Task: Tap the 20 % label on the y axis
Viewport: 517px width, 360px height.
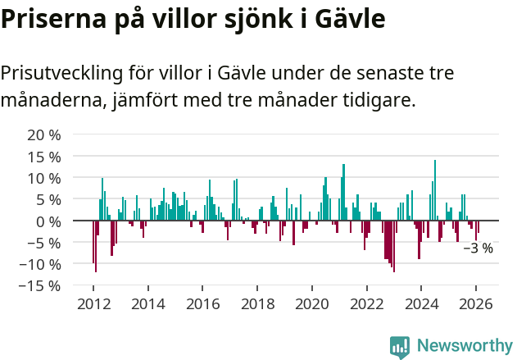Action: [x=44, y=134]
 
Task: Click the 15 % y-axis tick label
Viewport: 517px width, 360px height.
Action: [x=44, y=156]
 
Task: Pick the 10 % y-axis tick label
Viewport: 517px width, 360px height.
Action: [x=44, y=178]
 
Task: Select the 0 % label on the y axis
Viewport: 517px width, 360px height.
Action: [x=48, y=221]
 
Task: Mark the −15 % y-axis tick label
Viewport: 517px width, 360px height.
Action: [x=40, y=285]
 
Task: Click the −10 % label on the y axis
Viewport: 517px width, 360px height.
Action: [x=40, y=264]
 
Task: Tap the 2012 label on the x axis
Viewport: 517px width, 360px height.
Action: [x=93, y=303]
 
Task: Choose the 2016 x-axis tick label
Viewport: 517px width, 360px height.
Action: [x=202, y=303]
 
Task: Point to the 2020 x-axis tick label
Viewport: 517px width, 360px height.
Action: [x=312, y=303]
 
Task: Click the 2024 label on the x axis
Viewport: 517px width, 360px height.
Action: [x=421, y=303]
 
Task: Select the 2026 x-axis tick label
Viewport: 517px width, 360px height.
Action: [x=476, y=303]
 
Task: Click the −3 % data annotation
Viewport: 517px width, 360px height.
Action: [x=478, y=248]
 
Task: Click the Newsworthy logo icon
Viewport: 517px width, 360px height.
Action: [x=400, y=346]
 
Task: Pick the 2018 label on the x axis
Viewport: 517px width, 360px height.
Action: [x=257, y=303]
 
